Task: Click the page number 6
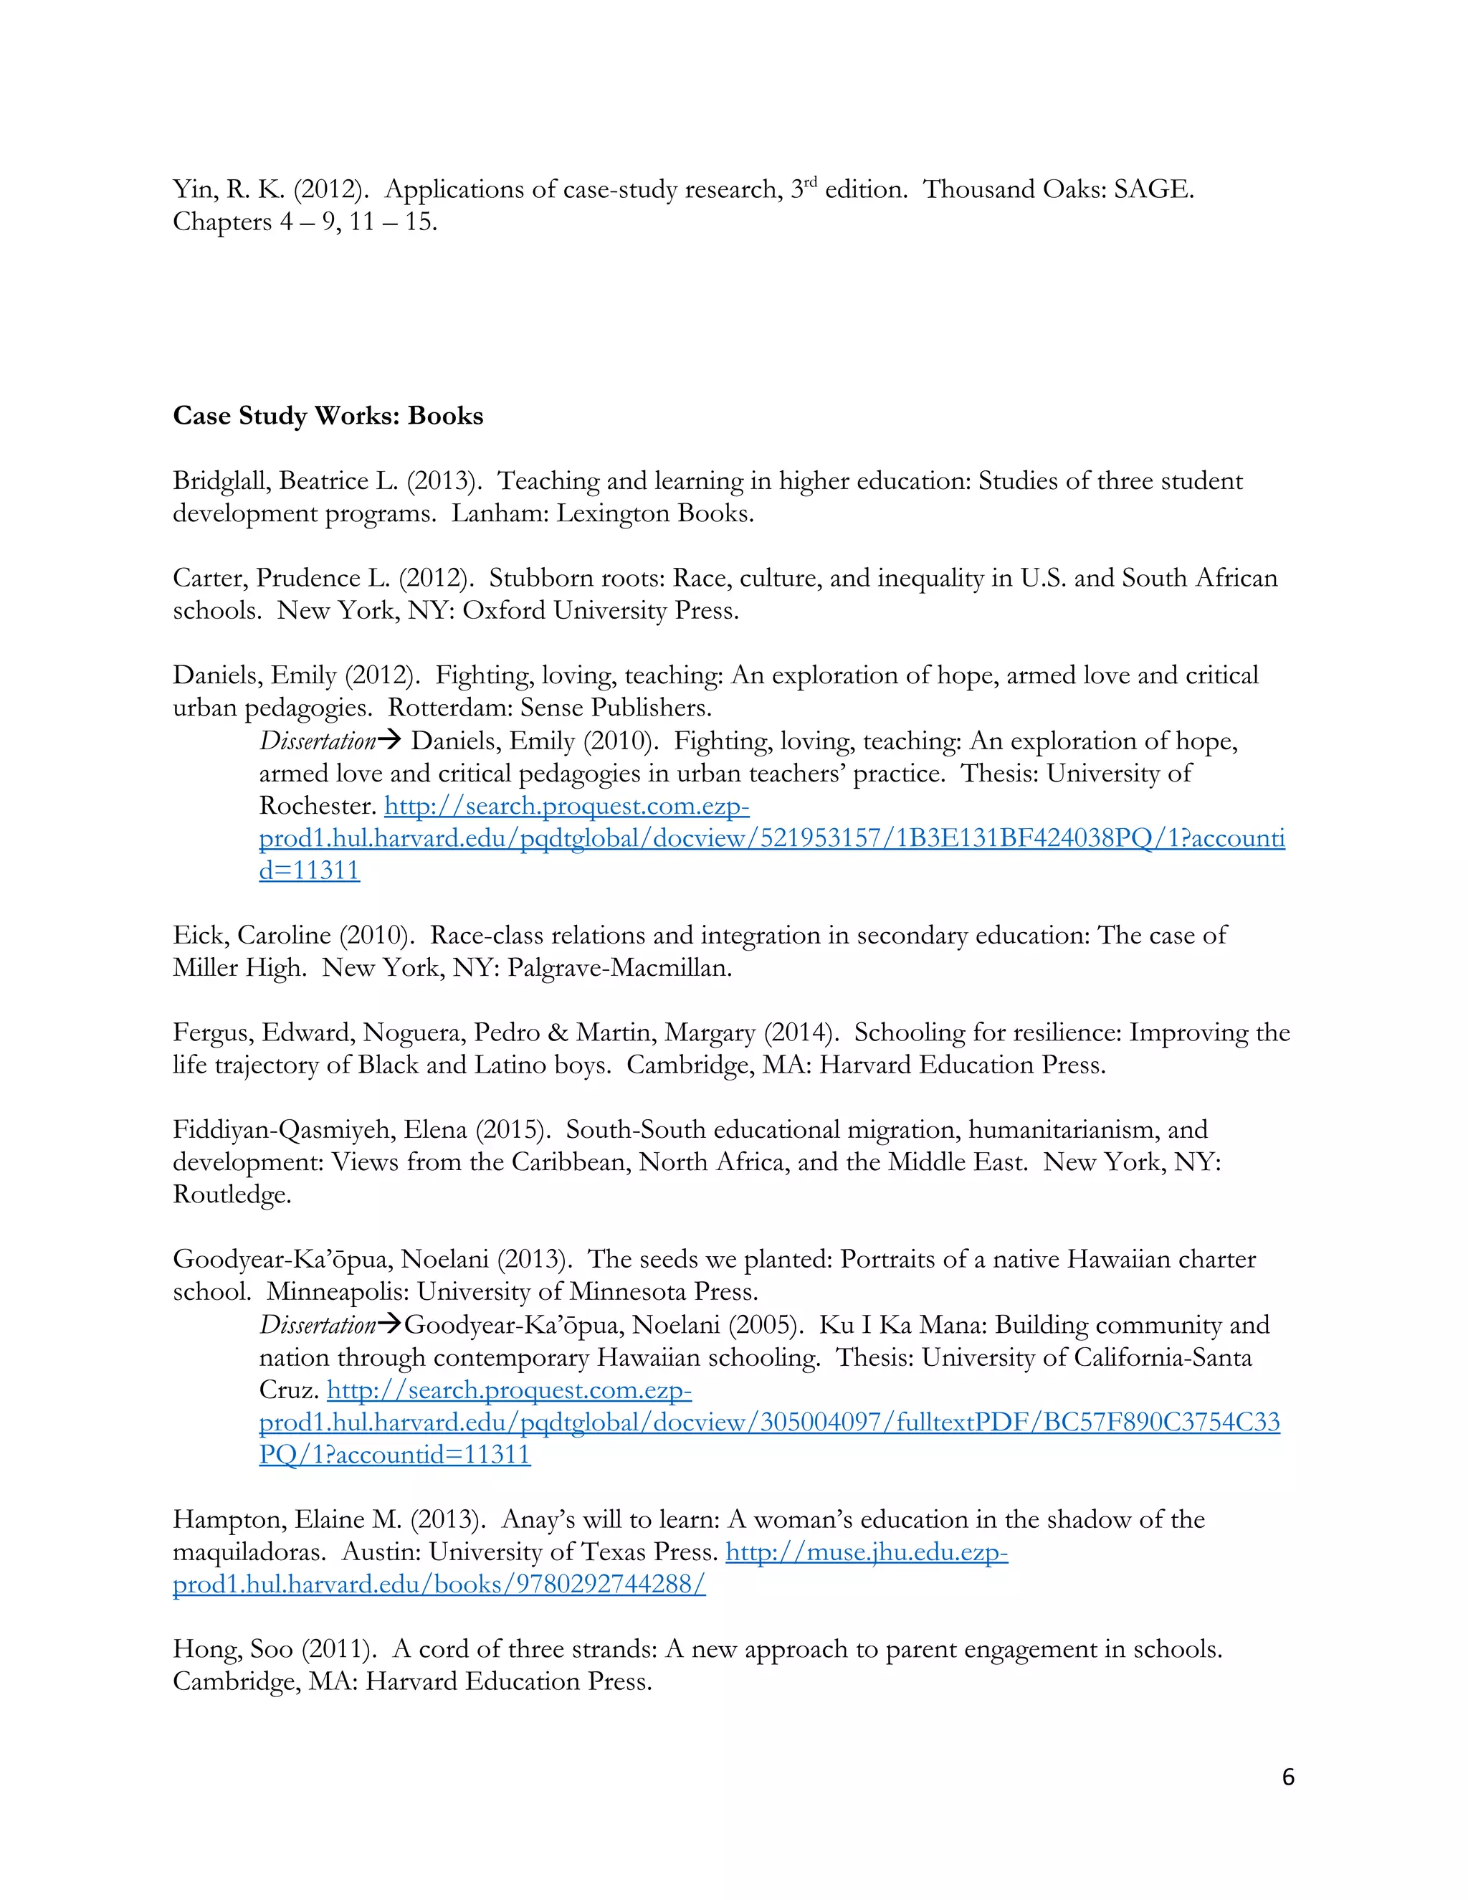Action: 1288,1777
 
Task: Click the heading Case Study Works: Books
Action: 328,416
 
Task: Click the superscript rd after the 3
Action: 811,183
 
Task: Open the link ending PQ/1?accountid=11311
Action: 394,1455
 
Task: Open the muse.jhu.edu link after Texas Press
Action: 866,1552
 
